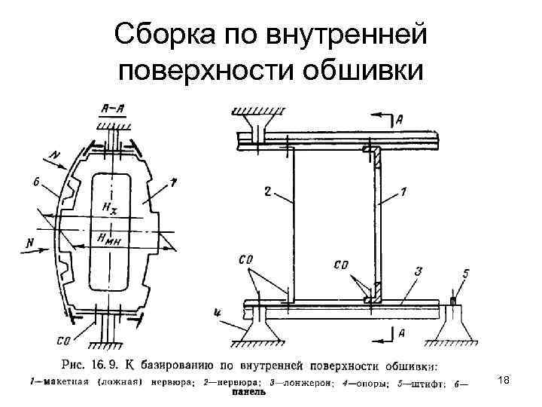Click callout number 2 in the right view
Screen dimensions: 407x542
267,192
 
